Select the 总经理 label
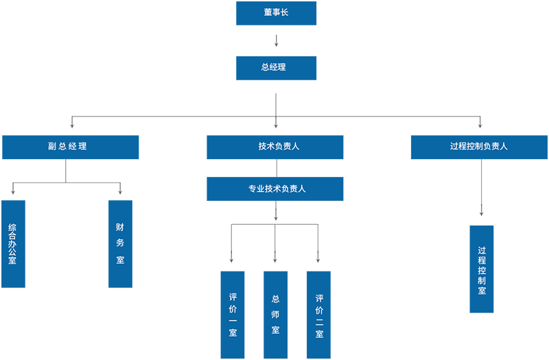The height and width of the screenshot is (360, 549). pyautogui.click(x=274, y=67)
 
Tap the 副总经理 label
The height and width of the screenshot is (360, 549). pyautogui.click(x=67, y=146)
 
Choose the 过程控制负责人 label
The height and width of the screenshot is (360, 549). pyautogui.click(x=479, y=146)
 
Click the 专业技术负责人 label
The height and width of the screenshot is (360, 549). pyautogui.click(x=277, y=189)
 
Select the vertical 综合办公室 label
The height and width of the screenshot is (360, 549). pyautogui.click(x=12, y=243)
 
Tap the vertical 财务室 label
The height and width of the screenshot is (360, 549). pyautogui.click(x=121, y=243)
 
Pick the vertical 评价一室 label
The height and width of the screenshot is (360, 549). pyautogui.click(x=233, y=315)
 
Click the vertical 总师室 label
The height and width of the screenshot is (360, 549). pyautogui.click(x=276, y=314)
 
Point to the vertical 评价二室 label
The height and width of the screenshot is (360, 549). pyautogui.click(x=320, y=316)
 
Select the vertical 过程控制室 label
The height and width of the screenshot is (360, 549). pyautogui.click(x=482, y=271)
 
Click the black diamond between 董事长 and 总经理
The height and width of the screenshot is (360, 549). pyautogui.click(x=274, y=40)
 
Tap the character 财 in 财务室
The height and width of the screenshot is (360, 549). pyautogui.click(x=121, y=226)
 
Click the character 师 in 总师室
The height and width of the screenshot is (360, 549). pyautogui.click(x=276, y=314)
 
